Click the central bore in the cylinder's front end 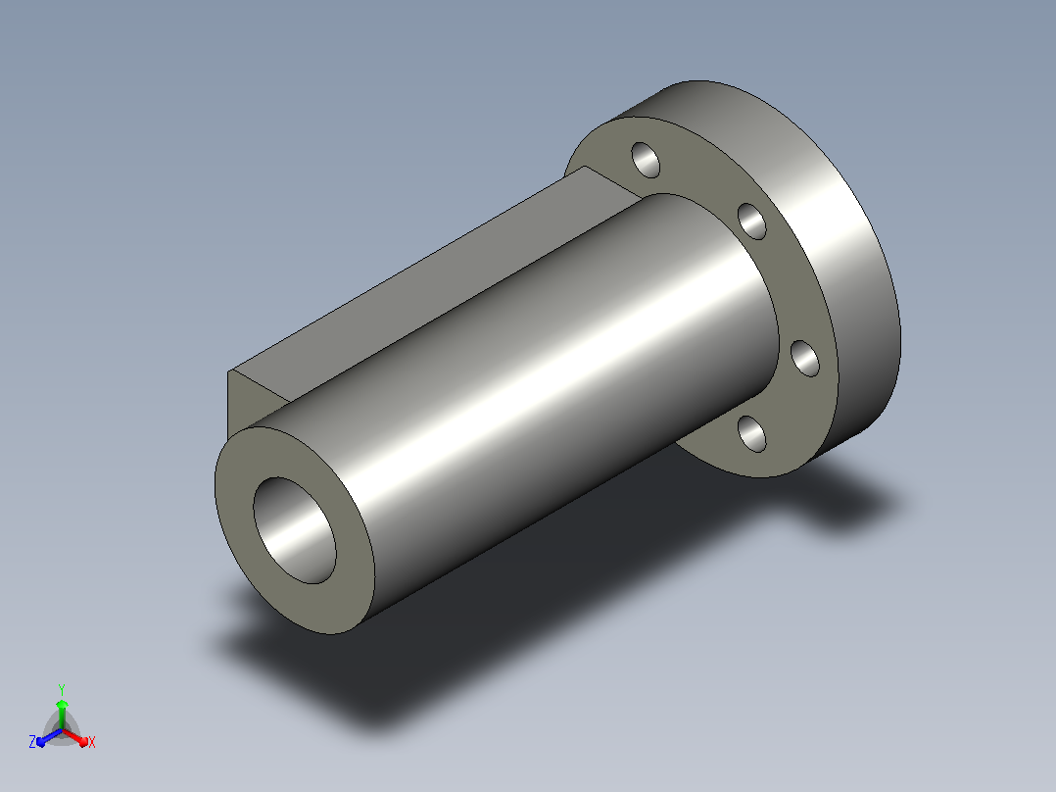pos(295,530)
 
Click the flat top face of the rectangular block pos(431,276)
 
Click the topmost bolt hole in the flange pos(646,160)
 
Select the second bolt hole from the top pos(752,222)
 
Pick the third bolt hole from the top pos(805,359)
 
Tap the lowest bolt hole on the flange pos(752,434)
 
